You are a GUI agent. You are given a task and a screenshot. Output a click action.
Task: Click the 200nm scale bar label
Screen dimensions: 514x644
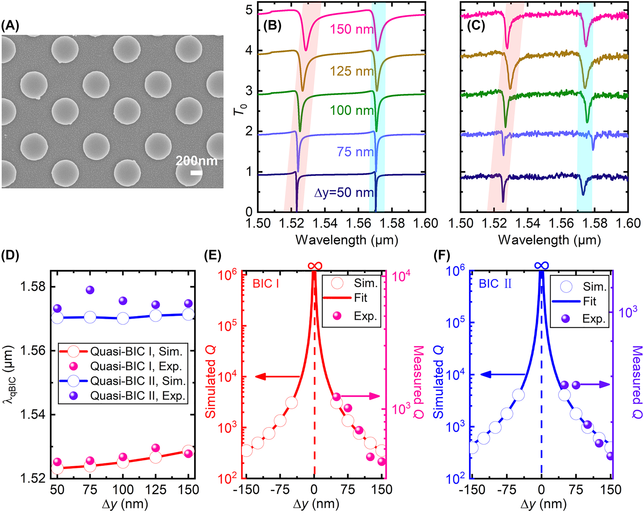pyautogui.click(x=196, y=161)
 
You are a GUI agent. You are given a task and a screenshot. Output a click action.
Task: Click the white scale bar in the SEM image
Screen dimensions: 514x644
pyautogui.click(x=196, y=173)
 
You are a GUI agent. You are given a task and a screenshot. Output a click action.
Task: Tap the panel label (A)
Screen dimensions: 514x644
pyautogui.click(x=10, y=25)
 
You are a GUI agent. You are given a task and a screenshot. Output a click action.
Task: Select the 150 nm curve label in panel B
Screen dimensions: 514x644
pyautogui.click(x=351, y=29)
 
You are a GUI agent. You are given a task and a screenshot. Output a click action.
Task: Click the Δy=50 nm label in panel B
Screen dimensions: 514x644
pyautogui.click(x=344, y=193)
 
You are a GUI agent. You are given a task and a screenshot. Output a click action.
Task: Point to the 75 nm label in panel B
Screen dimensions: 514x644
pyautogui.click(x=355, y=152)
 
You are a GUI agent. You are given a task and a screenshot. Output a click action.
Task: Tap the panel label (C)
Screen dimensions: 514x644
pyautogui.click(x=476, y=25)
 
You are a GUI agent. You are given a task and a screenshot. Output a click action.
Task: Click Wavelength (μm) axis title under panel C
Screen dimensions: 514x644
pyautogui.click(x=549, y=240)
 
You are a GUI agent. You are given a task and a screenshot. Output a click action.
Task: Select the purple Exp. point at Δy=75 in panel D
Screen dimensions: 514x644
pyautogui.click(x=90, y=290)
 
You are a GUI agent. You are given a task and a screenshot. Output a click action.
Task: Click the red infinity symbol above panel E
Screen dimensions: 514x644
pyautogui.click(x=315, y=266)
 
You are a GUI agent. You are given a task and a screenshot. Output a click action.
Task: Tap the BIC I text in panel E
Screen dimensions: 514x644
pyautogui.click(x=266, y=284)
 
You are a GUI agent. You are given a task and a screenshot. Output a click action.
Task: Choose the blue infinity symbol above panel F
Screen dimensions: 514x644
pyautogui.click(x=542, y=265)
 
